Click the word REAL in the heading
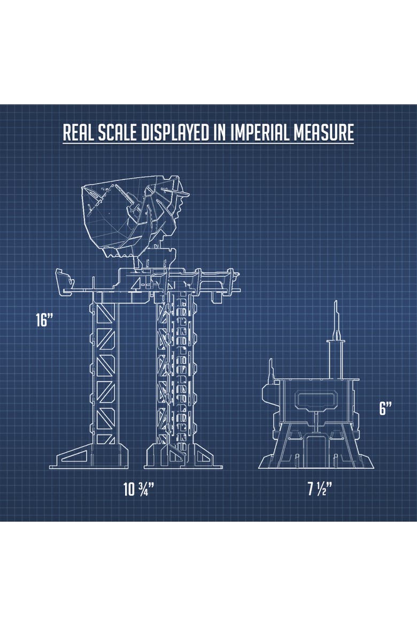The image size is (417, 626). click(x=79, y=132)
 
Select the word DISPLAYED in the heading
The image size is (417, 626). click(x=175, y=132)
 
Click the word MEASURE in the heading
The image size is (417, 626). click(x=323, y=132)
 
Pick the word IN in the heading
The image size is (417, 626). click(x=220, y=132)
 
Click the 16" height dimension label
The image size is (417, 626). click(x=44, y=320)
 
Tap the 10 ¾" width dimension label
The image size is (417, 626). click(x=138, y=490)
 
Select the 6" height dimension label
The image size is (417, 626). click(x=385, y=408)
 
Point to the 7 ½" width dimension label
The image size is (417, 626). click(x=320, y=488)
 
